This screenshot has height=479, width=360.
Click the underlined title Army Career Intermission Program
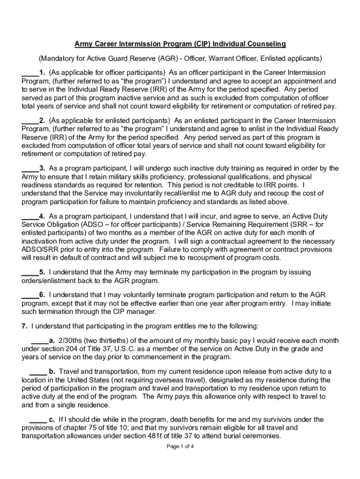[180, 44]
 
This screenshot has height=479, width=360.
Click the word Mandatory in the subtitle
[57, 58]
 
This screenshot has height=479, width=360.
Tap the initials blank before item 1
[29, 73]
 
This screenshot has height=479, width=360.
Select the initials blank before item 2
[29, 121]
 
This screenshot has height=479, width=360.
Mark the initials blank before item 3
[29, 168]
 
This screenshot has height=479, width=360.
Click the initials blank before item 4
[29, 217]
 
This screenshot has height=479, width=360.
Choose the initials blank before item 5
[29, 272]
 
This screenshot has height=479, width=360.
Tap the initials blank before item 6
[29, 295]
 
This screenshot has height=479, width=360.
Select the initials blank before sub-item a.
[39, 341]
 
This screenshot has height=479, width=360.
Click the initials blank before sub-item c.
[38, 420]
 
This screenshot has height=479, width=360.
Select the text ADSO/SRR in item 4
[39, 249]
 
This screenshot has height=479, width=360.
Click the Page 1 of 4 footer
[180, 446]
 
